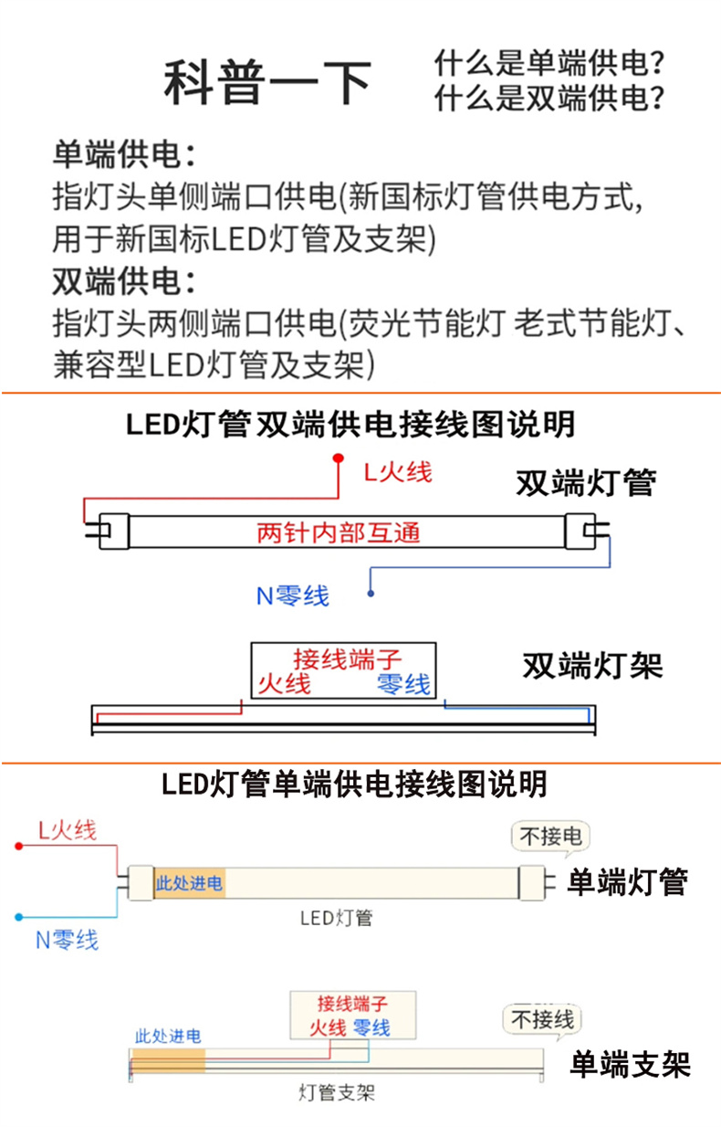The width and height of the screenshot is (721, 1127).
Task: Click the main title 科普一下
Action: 267,82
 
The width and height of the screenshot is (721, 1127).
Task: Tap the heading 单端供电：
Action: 124,154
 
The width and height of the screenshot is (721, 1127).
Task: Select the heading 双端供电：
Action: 124,280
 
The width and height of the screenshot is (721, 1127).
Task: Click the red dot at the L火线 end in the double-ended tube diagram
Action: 339,458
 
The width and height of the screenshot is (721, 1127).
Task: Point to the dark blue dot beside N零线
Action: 371,594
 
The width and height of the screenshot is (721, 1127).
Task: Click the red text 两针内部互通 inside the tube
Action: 339,532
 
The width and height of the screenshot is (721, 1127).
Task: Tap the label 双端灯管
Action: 586,482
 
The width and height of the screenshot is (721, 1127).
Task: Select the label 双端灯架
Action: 593,666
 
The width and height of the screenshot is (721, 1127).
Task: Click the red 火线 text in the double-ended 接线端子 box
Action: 285,684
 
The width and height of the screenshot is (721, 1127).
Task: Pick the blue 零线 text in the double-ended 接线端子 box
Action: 403,684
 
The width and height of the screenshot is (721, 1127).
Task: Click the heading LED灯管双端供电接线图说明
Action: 350,424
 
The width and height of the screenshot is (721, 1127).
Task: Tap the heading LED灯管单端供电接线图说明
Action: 354,784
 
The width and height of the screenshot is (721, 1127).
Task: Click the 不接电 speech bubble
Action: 550,837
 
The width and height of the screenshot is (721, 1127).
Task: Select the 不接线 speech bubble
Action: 542,1020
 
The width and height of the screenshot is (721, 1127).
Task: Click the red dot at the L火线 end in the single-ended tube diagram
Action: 19,847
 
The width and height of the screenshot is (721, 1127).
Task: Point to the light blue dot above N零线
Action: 19,917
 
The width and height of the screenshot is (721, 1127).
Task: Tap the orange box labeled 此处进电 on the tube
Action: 190,883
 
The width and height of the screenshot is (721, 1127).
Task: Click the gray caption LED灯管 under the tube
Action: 337,918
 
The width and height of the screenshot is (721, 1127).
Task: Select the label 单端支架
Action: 631,1064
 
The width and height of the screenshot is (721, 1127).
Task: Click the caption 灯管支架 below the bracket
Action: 337,1093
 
